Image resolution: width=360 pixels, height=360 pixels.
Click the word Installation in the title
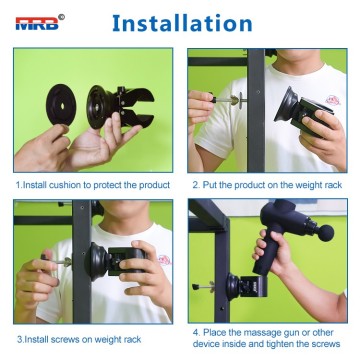(x=180, y=21)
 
